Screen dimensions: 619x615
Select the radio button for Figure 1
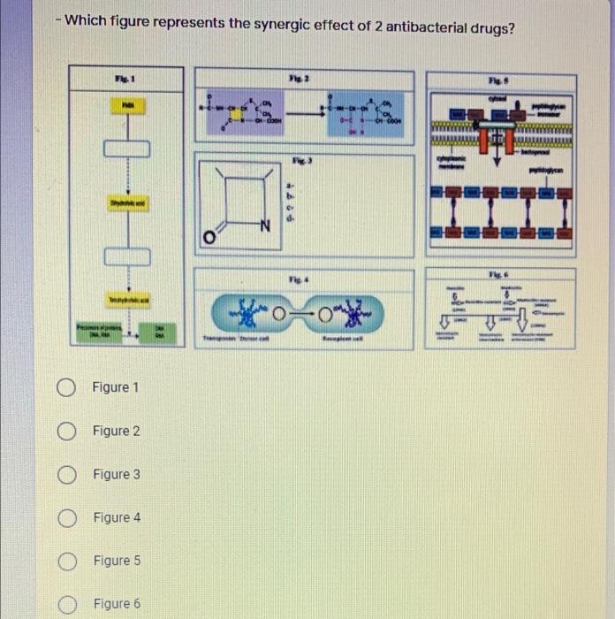(x=66, y=387)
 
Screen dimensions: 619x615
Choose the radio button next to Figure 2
(x=66, y=431)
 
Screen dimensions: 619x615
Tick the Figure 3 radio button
(x=66, y=474)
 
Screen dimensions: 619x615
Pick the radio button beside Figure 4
(x=66, y=517)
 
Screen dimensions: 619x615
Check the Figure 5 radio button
(x=66, y=561)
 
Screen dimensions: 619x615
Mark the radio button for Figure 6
(x=66, y=603)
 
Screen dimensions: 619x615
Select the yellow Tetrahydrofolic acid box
(x=128, y=302)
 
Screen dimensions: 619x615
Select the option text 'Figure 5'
(x=117, y=561)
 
